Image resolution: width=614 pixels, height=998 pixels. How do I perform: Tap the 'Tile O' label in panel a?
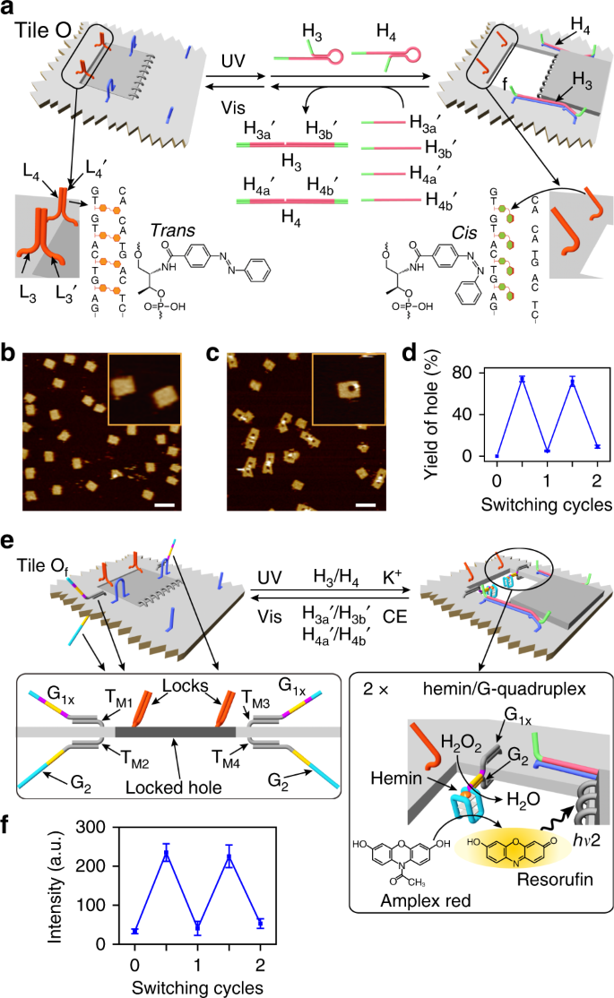coord(43,30)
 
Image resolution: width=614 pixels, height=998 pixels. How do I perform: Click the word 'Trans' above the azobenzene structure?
coord(173,229)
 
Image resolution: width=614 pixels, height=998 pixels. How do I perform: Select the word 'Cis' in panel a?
coord(463,233)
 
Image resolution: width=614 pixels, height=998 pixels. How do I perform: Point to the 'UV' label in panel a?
coord(233,61)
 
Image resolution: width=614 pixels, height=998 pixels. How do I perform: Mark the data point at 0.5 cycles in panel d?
coord(522,379)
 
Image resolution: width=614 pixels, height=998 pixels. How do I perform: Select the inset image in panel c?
coord(349,389)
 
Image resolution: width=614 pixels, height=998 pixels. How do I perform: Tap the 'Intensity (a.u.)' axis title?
coord(56,885)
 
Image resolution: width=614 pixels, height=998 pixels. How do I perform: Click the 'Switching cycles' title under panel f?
coord(197,987)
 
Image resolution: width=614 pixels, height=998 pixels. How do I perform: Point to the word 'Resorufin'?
coord(555,879)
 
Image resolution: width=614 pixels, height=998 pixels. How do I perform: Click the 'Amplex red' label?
coord(426,900)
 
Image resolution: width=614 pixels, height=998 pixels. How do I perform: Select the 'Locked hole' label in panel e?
coord(173,787)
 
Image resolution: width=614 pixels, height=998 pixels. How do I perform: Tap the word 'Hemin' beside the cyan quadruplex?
coord(396,778)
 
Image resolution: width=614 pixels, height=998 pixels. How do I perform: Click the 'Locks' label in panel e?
coord(186,685)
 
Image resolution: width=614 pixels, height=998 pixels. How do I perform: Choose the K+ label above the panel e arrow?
coord(392,577)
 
